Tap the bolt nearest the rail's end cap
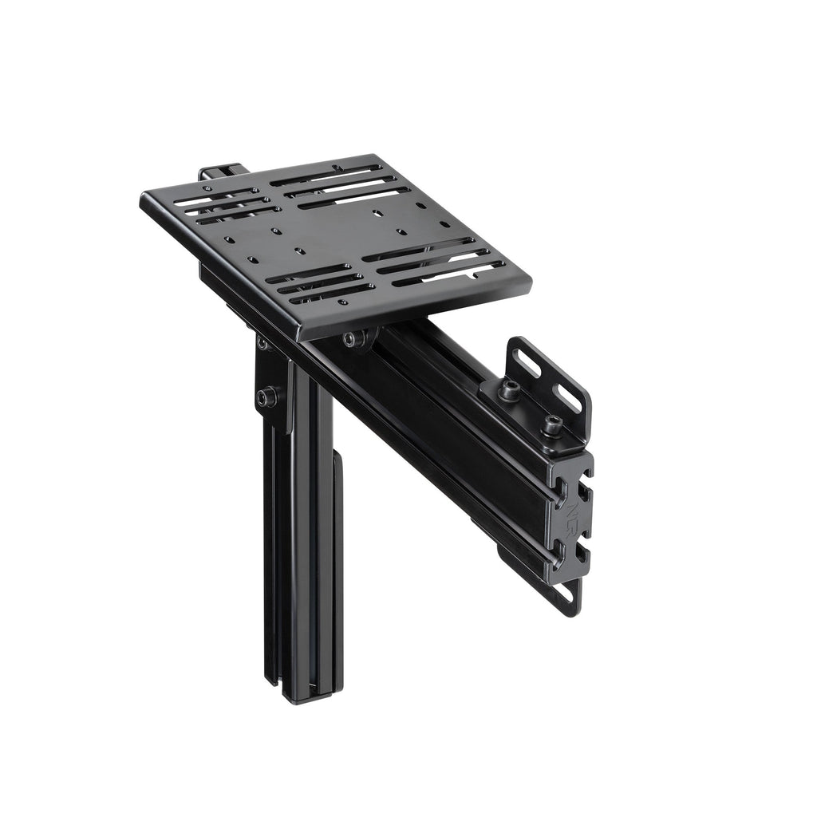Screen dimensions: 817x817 click(550, 427)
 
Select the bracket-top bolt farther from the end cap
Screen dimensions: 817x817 click(508, 389)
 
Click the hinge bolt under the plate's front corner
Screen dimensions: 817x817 click(354, 339)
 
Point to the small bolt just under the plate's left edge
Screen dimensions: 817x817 click(262, 343)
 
